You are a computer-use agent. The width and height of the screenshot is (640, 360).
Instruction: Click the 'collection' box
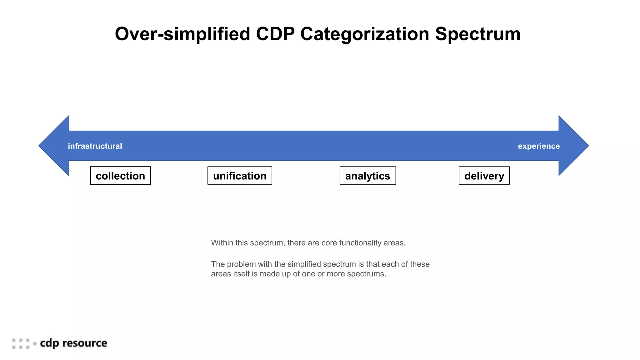120,176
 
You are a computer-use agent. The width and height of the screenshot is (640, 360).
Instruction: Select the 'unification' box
240,176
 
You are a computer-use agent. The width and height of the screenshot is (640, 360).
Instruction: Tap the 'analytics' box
367,176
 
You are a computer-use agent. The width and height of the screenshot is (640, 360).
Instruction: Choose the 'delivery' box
484,176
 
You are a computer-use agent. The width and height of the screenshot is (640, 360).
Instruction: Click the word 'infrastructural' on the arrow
95,146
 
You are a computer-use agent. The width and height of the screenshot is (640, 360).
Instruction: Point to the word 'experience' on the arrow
539,146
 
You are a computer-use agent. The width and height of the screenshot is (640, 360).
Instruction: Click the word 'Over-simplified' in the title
182,34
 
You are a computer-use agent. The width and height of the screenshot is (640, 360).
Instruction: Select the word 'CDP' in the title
275,34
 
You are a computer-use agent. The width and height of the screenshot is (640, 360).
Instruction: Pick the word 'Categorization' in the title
365,34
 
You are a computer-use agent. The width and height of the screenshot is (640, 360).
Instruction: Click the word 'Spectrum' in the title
477,34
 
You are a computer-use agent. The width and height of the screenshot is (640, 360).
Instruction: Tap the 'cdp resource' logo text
73,343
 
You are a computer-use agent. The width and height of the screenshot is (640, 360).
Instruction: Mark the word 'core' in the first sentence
329,243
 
